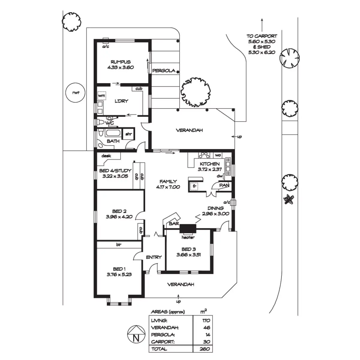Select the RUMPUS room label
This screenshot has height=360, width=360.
121,62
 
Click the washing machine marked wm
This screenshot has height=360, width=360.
102,96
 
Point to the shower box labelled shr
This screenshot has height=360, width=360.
128,134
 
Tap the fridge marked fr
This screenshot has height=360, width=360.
194,186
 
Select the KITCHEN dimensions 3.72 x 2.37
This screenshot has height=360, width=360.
210,169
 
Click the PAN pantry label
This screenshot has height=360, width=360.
224,185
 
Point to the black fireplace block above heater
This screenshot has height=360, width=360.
188,228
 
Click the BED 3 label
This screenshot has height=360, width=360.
189,249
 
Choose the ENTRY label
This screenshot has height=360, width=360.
154,257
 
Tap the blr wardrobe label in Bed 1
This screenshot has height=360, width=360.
119,244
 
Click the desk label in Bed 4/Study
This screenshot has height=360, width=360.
106,156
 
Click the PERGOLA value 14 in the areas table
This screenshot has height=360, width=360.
206,334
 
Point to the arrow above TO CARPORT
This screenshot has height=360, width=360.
262,25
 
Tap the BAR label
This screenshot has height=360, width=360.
174,223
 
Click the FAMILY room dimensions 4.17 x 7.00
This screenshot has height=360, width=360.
168,187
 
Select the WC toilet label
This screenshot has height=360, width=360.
110,123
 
